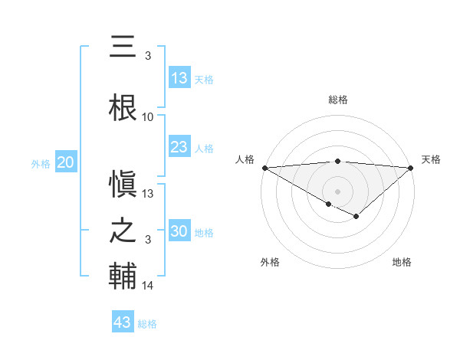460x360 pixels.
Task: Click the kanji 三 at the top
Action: click(123, 47)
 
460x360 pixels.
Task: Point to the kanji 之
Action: click(123, 231)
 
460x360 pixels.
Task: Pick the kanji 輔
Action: click(123, 277)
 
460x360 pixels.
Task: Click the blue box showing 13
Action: click(179, 78)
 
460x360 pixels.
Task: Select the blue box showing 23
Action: click(179, 147)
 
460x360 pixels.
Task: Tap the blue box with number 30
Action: click(179, 232)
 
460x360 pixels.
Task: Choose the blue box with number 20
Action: click(65, 162)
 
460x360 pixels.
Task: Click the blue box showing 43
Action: click(123, 322)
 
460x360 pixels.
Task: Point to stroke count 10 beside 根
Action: click(148, 117)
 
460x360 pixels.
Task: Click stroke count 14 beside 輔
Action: click(148, 286)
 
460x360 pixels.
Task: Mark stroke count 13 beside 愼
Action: click(148, 193)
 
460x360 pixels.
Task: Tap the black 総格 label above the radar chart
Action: click(338, 100)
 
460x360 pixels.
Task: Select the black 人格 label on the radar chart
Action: click(245, 159)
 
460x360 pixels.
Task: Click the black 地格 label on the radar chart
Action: click(402, 262)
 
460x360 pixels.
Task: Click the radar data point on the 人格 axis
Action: click(264, 168)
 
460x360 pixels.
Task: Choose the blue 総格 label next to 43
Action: click(147, 324)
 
